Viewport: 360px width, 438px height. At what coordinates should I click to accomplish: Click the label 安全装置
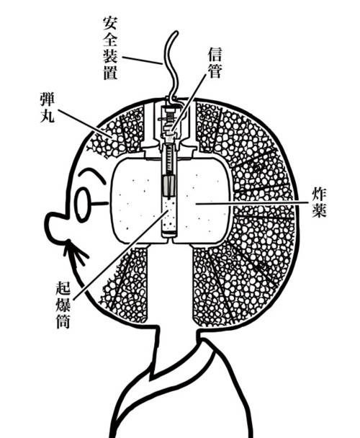(109, 48)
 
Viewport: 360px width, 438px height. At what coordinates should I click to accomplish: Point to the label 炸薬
(319, 203)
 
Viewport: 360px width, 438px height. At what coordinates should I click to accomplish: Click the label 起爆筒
(63, 305)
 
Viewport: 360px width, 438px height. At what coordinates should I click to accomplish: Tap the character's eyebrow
(92, 174)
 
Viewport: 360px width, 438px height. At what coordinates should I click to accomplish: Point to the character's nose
(58, 223)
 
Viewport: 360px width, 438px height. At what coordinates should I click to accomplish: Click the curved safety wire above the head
(171, 66)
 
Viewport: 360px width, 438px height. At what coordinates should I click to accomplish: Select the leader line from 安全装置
(142, 61)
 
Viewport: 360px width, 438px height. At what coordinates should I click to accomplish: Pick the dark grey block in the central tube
(168, 185)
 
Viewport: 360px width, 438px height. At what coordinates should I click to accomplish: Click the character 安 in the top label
(109, 24)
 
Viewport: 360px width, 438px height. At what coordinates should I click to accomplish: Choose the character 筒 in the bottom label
(63, 321)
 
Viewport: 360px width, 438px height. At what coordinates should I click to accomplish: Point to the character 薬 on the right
(319, 211)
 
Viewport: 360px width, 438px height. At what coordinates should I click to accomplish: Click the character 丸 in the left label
(47, 116)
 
